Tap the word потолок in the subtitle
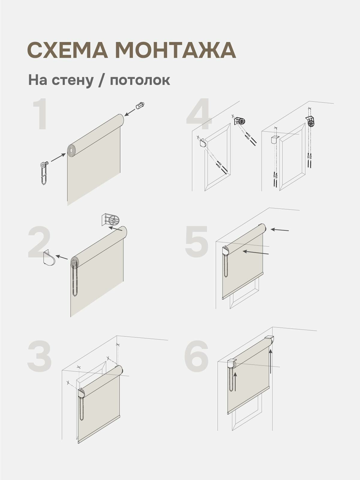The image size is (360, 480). (x=140, y=80)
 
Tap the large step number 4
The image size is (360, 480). (x=199, y=116)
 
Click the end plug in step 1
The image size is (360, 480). (x=140, y=106)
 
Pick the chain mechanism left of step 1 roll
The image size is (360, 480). (x=44, y=172)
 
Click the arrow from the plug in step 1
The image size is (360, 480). (x=130, y=112)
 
